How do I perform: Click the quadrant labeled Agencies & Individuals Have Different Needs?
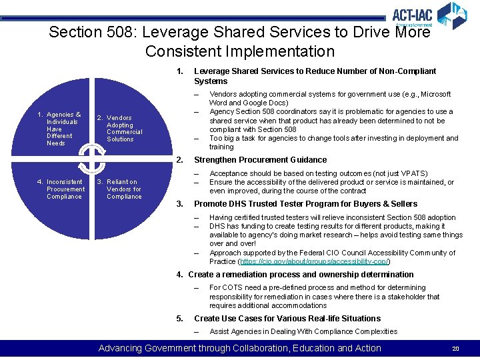click(x=63, y=129)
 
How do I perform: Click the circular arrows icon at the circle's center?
click(x=91, y=158)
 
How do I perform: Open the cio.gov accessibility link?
click(x=313, y=261)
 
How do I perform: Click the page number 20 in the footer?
click(x=456, y=349)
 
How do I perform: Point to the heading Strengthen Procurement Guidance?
click(x=260, y=160)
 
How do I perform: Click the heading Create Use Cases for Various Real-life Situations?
click(x=287, y=318)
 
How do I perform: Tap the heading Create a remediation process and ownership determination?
click(x=300, y=275)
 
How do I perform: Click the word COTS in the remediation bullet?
click(x=233, y=288)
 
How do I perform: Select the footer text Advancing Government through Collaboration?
click(x=239, y=348)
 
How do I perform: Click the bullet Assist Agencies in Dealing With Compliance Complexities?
click(x=303, y=331)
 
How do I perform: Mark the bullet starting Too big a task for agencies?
click(x=333, y=142)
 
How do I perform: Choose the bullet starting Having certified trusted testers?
click(x=332, y=217)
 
